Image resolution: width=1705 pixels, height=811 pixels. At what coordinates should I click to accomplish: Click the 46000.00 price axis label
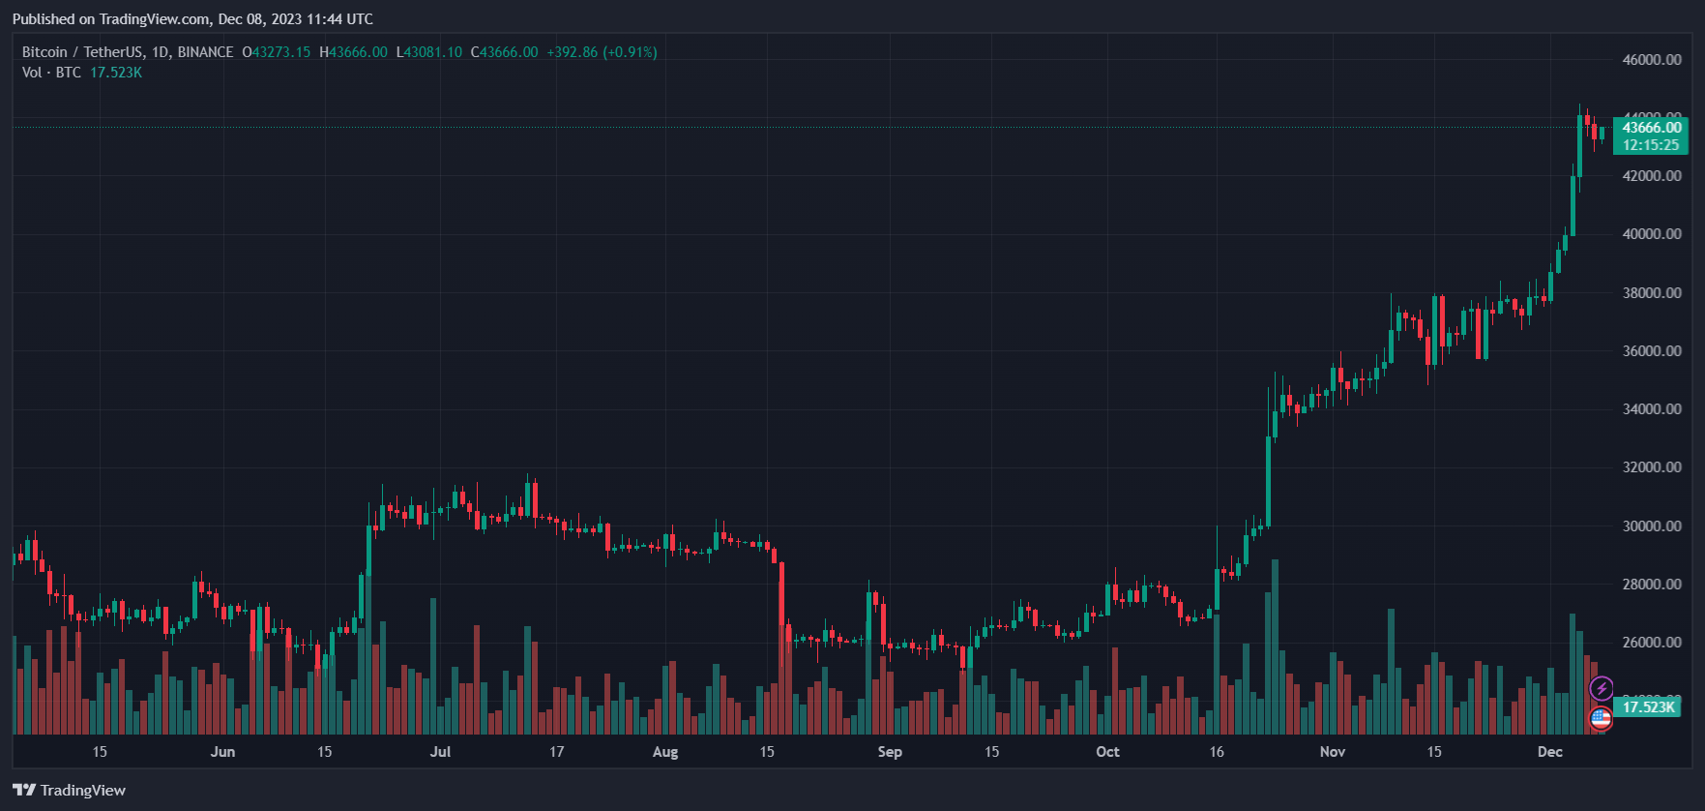tap(1652, 60)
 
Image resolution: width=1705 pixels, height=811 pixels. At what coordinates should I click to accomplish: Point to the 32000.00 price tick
tap(1652, 467)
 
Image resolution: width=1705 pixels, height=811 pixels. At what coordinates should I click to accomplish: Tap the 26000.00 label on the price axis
tap(1652, 643)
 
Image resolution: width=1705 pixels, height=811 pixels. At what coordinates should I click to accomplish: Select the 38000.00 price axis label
tap(1652, 293)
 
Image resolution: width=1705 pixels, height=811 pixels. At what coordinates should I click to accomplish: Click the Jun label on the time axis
tap(222, 752)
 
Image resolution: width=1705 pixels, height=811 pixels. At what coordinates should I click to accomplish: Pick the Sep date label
tap(890, 752)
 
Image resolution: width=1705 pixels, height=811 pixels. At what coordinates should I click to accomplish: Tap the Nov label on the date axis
tap(1333, 752)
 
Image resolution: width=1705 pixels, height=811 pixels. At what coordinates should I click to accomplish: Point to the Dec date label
tap(1550, 752)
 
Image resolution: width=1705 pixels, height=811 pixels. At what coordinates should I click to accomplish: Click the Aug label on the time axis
tap(665, 752)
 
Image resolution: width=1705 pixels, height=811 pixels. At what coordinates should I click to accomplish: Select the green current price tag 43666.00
tap(1652, 128)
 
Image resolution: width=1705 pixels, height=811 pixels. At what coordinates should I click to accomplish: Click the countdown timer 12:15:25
tap(1651, 145)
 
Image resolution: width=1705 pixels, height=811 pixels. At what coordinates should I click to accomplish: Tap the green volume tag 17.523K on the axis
tap(1648, 707)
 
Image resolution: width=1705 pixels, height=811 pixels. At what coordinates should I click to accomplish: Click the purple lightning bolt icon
tap(1602, 688)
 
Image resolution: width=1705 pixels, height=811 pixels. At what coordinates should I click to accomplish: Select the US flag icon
tap(1602, 718)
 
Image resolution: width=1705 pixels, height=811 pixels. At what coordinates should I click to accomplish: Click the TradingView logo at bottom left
tap(70, 791)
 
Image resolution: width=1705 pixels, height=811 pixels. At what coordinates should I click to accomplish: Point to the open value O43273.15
tap(277, 52)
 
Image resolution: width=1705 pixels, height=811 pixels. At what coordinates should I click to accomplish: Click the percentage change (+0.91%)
tap(630, 52)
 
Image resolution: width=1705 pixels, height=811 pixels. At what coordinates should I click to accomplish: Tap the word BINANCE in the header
tap(205, 52)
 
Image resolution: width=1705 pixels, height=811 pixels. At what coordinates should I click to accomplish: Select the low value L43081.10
tap(429, 52)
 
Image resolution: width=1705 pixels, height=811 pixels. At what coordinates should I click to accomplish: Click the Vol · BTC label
tap(51, 73)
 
